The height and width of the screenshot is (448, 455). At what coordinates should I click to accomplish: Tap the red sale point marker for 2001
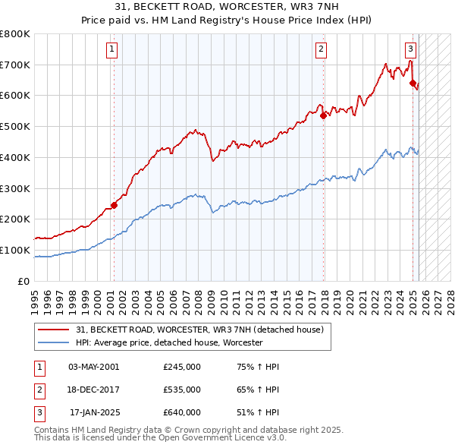tap(114, 204)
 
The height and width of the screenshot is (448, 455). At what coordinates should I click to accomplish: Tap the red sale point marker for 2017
tap(324, 115)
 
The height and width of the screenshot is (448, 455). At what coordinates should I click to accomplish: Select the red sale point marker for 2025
tap(413, 84)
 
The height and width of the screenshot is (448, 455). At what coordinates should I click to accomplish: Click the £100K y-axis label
tap(16, 250)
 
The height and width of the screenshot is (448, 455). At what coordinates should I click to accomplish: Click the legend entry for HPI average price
tap(168, 343)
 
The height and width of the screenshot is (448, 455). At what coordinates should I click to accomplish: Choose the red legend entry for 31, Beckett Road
tap(200, 330)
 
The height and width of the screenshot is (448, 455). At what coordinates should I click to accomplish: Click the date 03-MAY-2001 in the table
tap(94, 367)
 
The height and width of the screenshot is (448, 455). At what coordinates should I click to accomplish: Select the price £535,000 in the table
tap(182, 390)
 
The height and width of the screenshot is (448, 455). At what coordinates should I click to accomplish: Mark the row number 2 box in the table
tap(39, 390)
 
